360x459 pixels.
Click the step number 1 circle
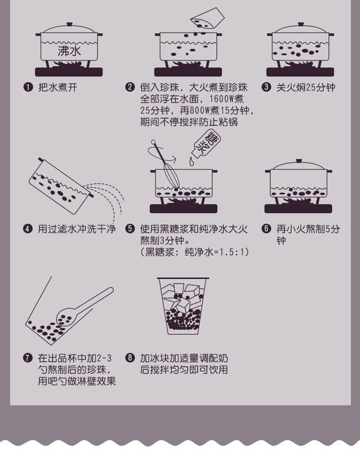point(28,88)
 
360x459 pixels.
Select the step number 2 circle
point(130,88)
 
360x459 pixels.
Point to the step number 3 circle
point(267,88)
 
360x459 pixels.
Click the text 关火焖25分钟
point(306,88)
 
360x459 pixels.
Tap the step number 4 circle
point(28,229)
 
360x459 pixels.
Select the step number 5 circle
point(130,229)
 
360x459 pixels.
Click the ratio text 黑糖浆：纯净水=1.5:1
point(195,252)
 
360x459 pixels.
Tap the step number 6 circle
point(267,229)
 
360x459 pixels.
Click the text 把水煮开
point(57,88)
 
